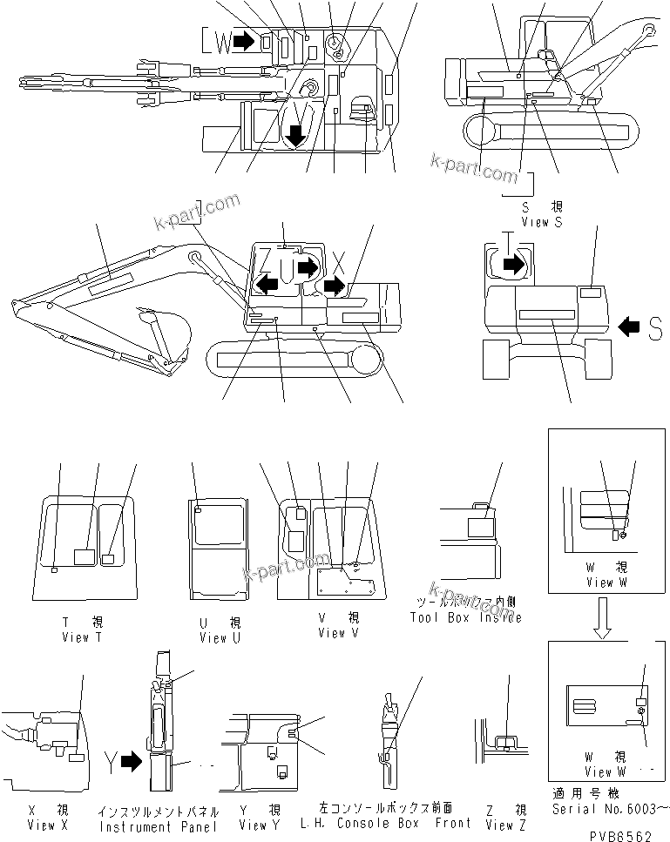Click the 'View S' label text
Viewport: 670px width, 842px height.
[541, 222]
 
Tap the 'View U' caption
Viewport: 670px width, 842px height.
[213, 638]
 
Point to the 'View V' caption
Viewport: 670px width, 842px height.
[331, 633]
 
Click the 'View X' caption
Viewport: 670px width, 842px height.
[41, 824]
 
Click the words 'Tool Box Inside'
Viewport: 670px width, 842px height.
[465, 617]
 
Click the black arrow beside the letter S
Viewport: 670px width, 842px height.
[629, 327]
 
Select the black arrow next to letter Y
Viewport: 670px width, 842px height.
[131, 764]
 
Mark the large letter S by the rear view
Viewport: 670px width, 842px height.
[655, 327]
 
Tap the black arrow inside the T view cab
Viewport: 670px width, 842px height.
[515, 264]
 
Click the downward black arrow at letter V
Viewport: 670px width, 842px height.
[296, 133]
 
